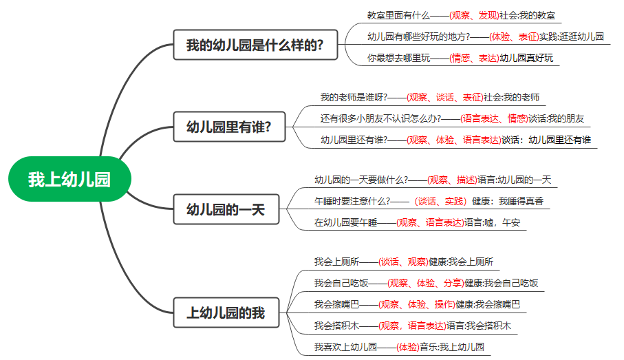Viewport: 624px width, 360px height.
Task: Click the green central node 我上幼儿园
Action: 69,180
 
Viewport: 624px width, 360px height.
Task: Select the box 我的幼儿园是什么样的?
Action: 255,46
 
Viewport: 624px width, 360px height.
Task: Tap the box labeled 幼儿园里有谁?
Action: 228,127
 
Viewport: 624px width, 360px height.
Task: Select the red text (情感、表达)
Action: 473,58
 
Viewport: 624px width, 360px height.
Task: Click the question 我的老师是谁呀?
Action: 354,97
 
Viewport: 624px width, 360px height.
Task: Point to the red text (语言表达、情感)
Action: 493,118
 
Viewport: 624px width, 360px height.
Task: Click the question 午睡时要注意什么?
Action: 351,201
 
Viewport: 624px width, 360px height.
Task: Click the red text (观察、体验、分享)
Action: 424,283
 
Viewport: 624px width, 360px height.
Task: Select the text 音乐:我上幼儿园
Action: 452,346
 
